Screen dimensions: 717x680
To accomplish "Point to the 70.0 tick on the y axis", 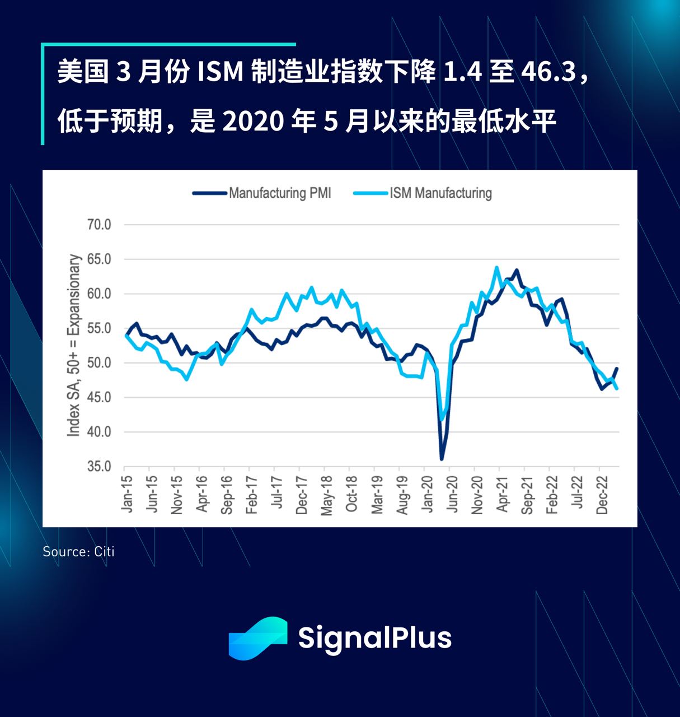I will tap(99, 225).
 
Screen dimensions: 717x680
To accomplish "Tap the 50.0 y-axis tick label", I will tap(99, 363).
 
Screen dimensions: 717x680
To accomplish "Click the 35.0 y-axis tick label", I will tap(99, 466).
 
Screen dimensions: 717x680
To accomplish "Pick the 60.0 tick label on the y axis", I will tap(99, 294).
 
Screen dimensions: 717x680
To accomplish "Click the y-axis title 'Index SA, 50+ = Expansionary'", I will tap(74, 346).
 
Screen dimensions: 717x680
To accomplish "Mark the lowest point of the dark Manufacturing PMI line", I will tap(442, 459).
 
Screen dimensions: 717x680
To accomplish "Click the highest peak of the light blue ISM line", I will tap(496, 267).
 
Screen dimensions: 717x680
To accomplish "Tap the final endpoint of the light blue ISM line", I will tap(617, 388).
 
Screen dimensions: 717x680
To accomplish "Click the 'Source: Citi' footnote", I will tap(78, 552).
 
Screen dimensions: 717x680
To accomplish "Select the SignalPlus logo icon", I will tap(258, 638).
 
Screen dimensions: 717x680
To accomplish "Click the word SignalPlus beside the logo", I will tap(374, 638).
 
